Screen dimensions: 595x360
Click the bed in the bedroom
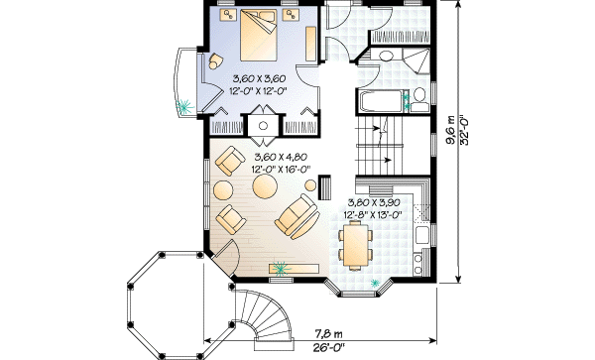tap(259, 35)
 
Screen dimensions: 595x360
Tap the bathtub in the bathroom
tap(381, 101)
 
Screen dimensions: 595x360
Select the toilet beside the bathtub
tap(419, 100)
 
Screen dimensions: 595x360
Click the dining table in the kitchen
tap(356, 245)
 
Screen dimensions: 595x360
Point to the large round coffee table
tap(265, 185)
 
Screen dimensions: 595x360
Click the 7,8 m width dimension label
tap(328, 334)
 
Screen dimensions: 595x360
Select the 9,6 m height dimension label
tap(451, 130)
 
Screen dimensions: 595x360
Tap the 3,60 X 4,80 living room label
tap(281, 157)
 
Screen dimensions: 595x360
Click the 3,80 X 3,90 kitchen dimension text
tap(374, 202)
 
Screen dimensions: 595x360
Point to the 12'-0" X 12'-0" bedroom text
tap(257, 90)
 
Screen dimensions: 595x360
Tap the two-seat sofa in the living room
tap(297, 216)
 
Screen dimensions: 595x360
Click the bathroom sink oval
tap(387, 56)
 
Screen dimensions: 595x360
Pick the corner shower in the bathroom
tap(416, 60)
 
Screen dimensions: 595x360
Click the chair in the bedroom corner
tap(215, 61)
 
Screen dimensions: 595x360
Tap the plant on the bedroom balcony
tap(184, 106)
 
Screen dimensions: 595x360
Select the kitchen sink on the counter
tap(422, 235)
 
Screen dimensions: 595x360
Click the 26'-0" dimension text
tap(329, 347)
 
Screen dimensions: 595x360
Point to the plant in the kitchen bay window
tap(375, 283)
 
